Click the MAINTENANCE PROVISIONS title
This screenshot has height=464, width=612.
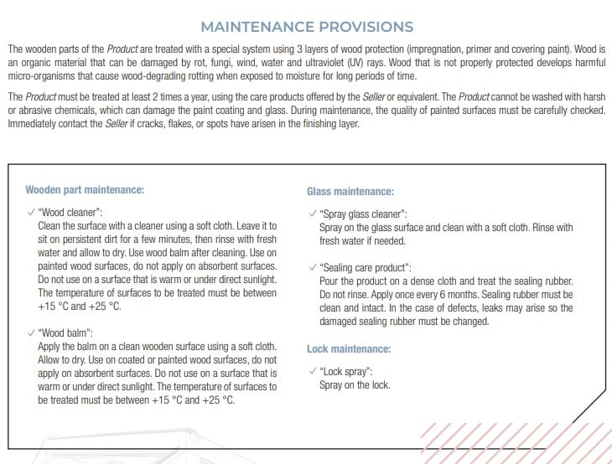pyautogui.click(x=307, y=28)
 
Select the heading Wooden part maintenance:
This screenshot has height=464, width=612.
pyautogui.click(x=85, y=189)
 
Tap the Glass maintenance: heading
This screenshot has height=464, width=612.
pyautogui.click(x=350, y=192)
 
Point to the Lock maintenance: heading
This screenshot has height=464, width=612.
pyautogui.click(x=349, y=348)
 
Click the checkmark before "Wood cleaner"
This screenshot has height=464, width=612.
pyautogui.click(x=31, y=212)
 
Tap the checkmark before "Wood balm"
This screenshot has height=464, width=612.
pyautogui.click(x=31, y=332)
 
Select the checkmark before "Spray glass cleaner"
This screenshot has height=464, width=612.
pyautogui.click(x=312, y=214)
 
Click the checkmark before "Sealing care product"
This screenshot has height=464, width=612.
pyautogui.click(x=312, y=268)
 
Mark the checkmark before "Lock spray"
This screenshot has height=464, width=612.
pyautogui.click(x=312, y=370)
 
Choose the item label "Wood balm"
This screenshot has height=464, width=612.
pyautogui.click(x=65, y=333)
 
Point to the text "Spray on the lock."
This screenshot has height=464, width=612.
pyautogui.click(x=355, y=385)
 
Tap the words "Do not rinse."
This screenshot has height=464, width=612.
pyautogui.click(x=345, y=296)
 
